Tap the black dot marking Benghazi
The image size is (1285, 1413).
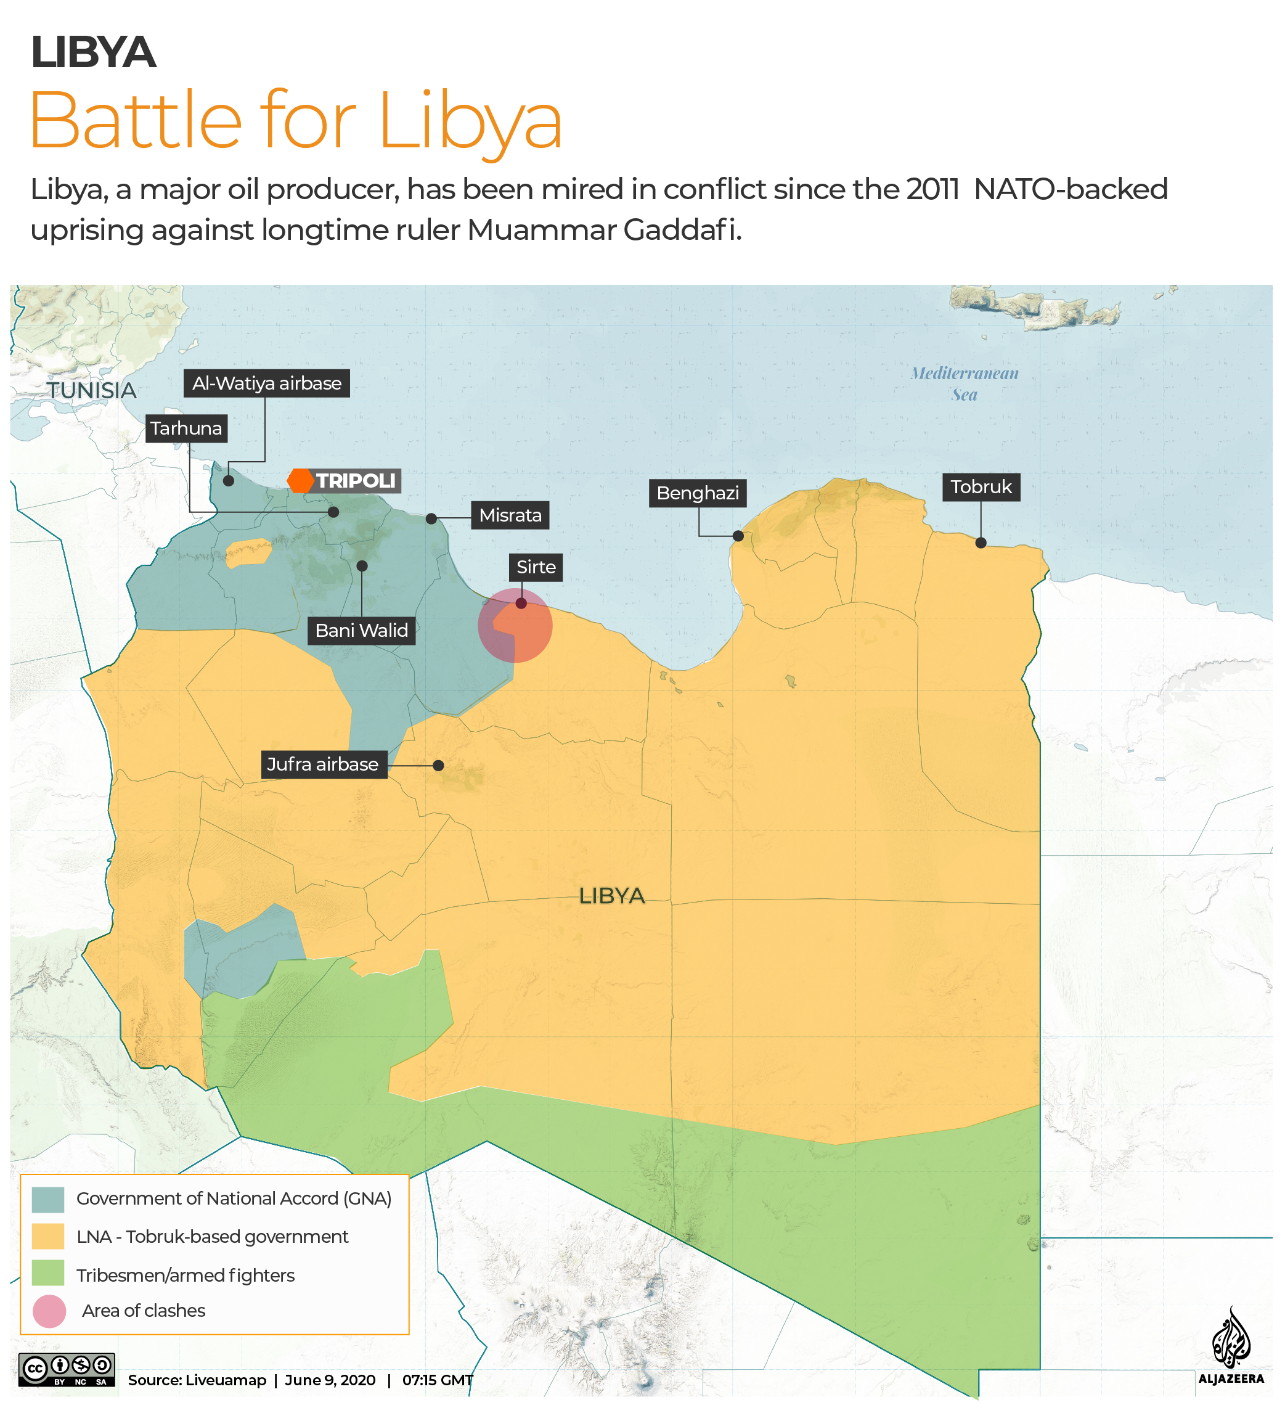[x=738, y=536]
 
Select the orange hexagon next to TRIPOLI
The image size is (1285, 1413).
[x=301, y=481]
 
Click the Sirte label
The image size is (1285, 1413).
[x=536, y=567]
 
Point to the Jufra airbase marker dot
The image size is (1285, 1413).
[x=438, y=766]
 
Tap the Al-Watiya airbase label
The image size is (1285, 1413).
[x=266, y=383]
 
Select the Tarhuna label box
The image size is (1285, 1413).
[x=186, y=428]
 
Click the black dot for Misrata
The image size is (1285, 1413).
[x=431, y=518]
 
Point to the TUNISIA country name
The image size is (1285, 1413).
[x=91, y=390]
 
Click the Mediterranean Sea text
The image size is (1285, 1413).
[x=964, y=383]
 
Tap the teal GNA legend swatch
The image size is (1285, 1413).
[x=47, y=1199]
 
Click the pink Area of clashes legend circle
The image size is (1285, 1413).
[x=49, y=1311]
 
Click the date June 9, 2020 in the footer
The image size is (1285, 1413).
[x=330, y=1380]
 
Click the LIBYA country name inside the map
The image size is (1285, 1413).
[x=611, y=896]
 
